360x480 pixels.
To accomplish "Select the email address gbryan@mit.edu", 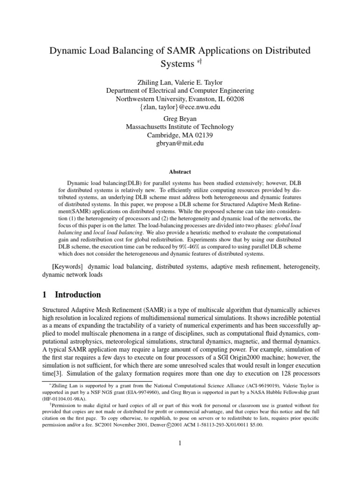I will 180,144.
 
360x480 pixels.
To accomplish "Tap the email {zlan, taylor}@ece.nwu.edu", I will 180,108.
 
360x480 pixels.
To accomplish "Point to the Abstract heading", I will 180,172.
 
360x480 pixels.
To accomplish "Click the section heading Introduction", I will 78,295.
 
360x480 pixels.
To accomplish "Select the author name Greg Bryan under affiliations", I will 180,119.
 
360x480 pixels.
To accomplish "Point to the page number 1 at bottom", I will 180,443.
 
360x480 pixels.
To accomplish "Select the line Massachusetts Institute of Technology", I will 180,127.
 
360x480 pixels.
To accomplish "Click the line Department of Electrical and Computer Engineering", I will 180,90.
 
